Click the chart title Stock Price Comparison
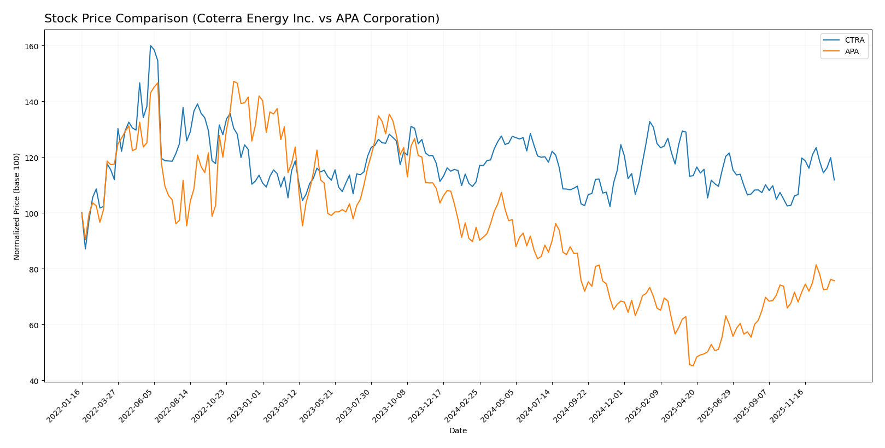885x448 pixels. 242,19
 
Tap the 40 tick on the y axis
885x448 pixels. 34,381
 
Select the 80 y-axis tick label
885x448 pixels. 34,269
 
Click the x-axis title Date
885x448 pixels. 458,430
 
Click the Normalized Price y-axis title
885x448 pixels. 17,206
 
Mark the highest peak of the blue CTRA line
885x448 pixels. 150,45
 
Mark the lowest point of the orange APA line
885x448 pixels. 693,365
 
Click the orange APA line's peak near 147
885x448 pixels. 233,82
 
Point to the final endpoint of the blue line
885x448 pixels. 834,180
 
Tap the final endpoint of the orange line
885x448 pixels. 834,281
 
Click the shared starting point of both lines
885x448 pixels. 82,213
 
